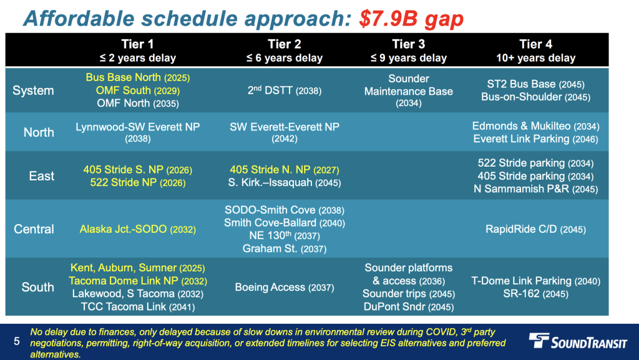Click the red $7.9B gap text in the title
click(x=411, y=19)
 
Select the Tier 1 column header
click(x=138, y=51)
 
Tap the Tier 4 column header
click(x=535, y=51)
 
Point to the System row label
click(x=33, y=90)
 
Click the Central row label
click(x=34, y=229)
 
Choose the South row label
click(x=37, y=287)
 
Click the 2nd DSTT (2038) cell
click(x=285, y=90)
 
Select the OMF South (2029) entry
click(x=138, y=90)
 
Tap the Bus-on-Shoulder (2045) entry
click(x=535, y=97)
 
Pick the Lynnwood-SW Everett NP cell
click(x=138, y=132)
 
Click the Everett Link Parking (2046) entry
click(x=535, y=139)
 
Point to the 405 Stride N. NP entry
click(x=285, y=170)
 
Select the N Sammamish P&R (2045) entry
click(x=535, y=189)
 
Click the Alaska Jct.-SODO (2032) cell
click(x=138, y=229)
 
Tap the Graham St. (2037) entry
click(x=285, y=248)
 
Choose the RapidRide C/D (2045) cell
click(x=535, y=229)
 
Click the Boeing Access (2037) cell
click(x=285, y=288)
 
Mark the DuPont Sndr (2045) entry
click(x=408, y=306)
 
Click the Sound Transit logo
click(x=577, y=341)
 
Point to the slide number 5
click(x=17, y=341)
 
